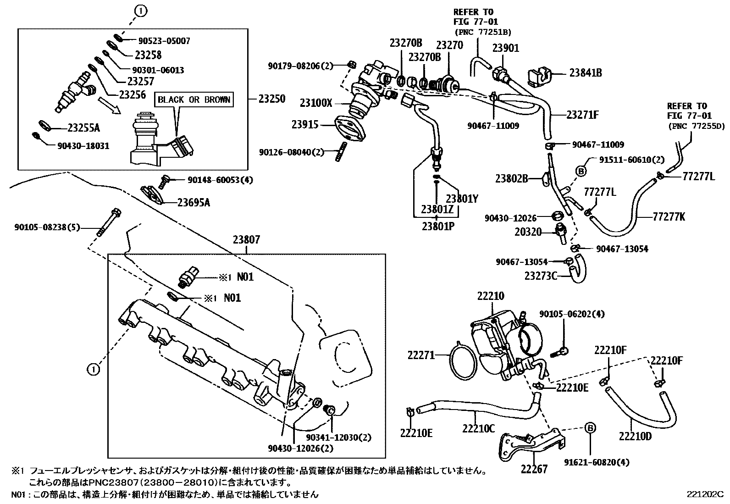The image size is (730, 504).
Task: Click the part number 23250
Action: (271, 99)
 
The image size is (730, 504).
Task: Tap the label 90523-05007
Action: (164, 41)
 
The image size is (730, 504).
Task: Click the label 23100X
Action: (315, 103)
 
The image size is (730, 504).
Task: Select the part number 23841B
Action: (586, 72)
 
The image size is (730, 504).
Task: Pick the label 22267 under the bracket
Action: (534, 469)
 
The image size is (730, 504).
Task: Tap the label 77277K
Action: (669, 217)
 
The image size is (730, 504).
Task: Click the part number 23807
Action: (246, 239)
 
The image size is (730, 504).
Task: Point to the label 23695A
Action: (194, 202)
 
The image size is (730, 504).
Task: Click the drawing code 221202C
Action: (705, 494)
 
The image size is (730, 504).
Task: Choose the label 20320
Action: (528, 233)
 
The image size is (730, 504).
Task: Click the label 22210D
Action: (635, 436)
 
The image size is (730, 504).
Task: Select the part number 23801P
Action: (438, 226)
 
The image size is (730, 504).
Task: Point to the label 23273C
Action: (540, 276)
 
